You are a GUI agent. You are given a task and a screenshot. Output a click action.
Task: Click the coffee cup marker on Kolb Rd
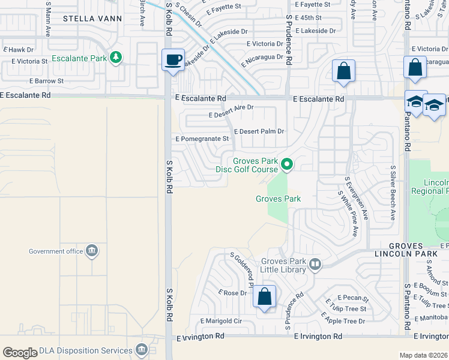173,59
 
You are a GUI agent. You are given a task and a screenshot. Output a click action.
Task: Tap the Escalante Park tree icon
115,58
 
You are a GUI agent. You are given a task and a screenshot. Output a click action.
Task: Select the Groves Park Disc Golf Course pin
288,163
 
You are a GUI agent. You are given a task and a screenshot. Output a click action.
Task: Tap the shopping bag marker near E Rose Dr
264,296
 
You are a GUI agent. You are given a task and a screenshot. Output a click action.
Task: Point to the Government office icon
92,251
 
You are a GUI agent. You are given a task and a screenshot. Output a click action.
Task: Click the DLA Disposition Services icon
142,349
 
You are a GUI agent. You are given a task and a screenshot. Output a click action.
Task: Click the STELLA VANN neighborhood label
92,19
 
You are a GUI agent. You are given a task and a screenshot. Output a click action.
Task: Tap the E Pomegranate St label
202,139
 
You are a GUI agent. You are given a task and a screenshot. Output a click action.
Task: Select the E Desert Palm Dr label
259,131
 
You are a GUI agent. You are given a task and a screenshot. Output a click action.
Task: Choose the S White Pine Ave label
349,214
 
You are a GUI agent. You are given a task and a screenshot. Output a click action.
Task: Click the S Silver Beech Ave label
393,193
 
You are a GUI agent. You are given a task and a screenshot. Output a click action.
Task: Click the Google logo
20,353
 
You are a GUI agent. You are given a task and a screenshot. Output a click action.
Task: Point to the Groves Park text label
278,199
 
